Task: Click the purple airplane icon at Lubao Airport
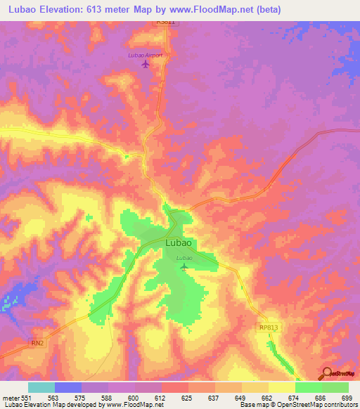point(146,65)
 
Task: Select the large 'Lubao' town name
point(179,243)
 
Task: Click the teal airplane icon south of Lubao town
point(184,266)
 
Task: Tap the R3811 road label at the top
point(165,22)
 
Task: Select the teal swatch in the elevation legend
point(41,387)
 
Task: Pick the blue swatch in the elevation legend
point(68,387)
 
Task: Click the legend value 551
point(26,397)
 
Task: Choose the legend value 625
point(187,397)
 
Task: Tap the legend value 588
point(107,397)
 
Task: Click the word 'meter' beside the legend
point(11,397)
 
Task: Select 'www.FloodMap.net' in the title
point(214,10)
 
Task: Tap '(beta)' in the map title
point(266,10)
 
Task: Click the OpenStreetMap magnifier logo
point(326,373)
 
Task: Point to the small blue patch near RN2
point(8,302)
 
